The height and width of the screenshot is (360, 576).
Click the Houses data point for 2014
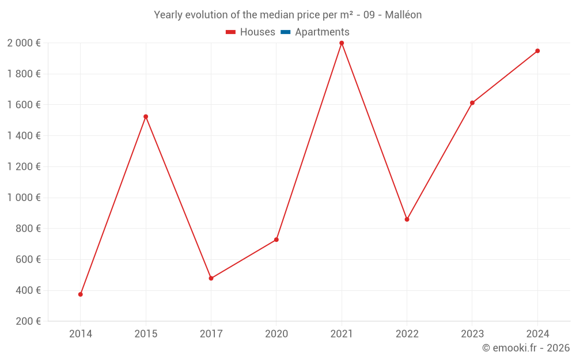pos(81,294)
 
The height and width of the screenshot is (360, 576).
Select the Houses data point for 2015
pos(146,116)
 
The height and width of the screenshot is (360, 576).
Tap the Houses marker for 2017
pos(211,278)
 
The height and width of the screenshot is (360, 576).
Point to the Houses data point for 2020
pos(276,240)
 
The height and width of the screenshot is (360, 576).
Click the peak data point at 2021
pos(342,43)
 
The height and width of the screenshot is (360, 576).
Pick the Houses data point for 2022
pos(407,219)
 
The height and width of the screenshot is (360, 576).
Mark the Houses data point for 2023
pos(472,103)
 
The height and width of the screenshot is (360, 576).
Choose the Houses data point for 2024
pos(537,51)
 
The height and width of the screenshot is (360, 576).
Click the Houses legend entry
pos(251,32)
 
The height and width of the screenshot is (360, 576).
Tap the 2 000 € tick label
pos(24,43)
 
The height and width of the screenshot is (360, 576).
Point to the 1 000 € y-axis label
pos(24,198)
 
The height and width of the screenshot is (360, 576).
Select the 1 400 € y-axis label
pos(24,136)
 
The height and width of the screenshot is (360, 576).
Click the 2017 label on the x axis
pos(211,334)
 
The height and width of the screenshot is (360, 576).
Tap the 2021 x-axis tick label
pos(342,334)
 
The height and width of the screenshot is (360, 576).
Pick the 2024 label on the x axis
pos(537,334)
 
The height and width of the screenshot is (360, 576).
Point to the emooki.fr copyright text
pos(526,348)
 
